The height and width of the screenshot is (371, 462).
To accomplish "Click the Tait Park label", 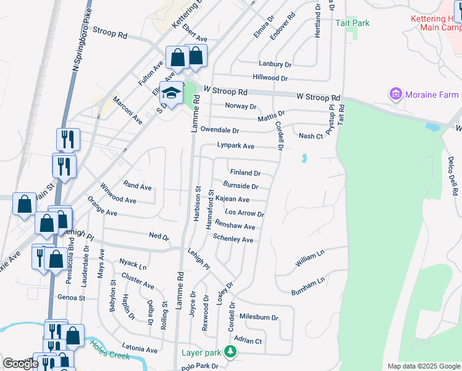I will click(352, 23).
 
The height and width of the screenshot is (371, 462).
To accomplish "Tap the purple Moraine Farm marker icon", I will click(395, 95).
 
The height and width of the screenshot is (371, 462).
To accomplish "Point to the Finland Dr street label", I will click(245, 173).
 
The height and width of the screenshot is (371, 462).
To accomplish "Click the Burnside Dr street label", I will click(241, 185).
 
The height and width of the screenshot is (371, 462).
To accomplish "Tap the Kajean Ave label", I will click(232, 199).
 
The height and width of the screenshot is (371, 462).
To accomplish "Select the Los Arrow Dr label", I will click(245, 213).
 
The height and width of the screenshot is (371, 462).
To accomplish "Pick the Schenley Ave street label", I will click(233, 239).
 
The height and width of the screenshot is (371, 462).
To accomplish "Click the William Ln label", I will click(309, 259).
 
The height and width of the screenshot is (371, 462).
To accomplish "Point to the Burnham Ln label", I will click(308, 286).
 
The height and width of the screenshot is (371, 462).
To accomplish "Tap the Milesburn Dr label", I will click(258, 317).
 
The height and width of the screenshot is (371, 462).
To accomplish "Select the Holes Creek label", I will click(109, 352).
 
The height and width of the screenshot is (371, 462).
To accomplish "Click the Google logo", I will click(20, 364).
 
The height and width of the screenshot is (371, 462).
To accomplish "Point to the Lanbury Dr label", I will click(275, 64).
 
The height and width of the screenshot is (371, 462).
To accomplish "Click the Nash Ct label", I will click(311, 136).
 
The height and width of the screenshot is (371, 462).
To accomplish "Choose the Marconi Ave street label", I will click(127, 110).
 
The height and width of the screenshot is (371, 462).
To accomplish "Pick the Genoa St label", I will click(71, 297).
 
